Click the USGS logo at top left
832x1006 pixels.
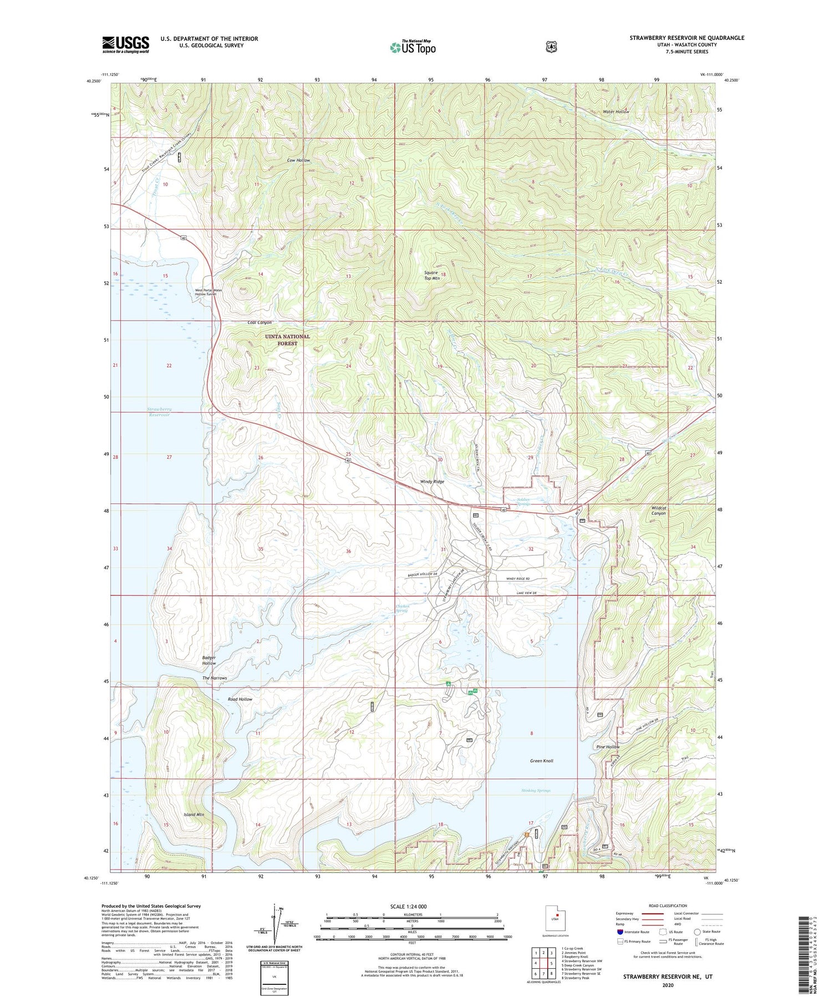pyautogui.click(x=125, y=44)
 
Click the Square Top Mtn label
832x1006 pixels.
pyautogui.click(x=432, y=276)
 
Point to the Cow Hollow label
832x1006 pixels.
pyautogui.click(x=298, y=160)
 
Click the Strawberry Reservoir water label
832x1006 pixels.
pyautogui.click(x=159, y=412)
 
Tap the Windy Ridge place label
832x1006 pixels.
pyautogui.click(x=432, y=482)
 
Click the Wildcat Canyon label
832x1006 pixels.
pyautogui.click(x=658, y=510)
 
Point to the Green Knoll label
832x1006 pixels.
pyautogui.click(x=541, y=761)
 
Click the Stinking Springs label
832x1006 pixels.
pyautogui.click(x=536, y=790)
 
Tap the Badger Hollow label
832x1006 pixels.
pyautogui.click(x=209, y=660)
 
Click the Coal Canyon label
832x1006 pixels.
pyautogui.click(x=260, y=322)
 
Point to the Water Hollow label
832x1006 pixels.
pyautogui.click(x=616, y=112)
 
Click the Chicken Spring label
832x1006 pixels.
pyautogui.click(x=402, y=609)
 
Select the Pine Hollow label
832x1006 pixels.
pyautogui.click(x=608, y=747)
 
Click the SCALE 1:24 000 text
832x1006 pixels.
pyautogui.click(x=408, y=907)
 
